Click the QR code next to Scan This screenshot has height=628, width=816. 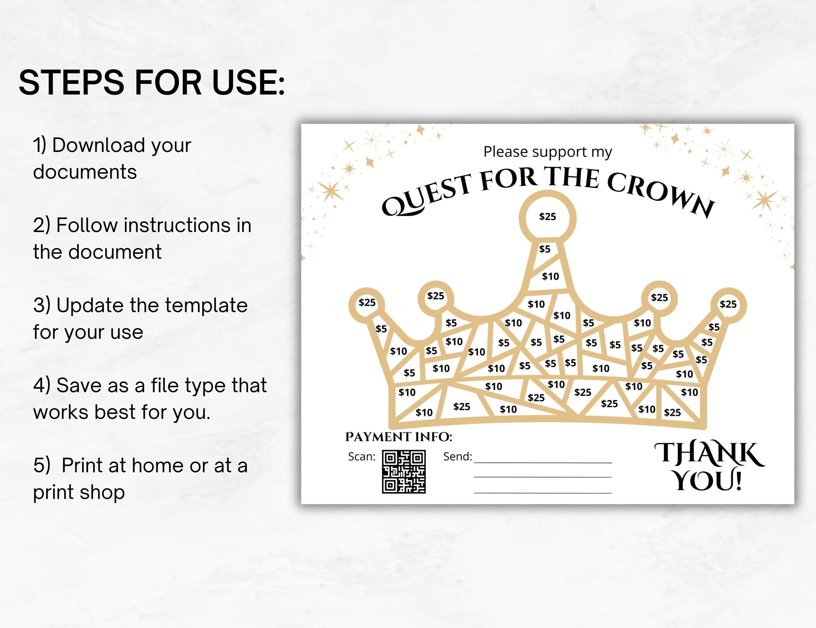click(404, 472)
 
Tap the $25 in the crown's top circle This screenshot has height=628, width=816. click(547, 216)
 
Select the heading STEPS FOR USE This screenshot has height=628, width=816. click(152, 83)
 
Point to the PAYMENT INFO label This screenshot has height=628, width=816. click(399, 436)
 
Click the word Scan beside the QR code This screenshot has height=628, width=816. click(361, 457)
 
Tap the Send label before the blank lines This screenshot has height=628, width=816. click(457, 457)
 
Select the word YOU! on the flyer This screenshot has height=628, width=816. click(708, 481)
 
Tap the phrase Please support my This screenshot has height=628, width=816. click(547, 152)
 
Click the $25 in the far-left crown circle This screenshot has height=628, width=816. click(367, 302)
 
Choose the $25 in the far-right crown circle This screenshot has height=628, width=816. click(728, 304)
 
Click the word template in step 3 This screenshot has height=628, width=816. click(206, 306)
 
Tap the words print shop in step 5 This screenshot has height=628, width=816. click(79, 492)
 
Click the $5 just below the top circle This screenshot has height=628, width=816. click(545, 249)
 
